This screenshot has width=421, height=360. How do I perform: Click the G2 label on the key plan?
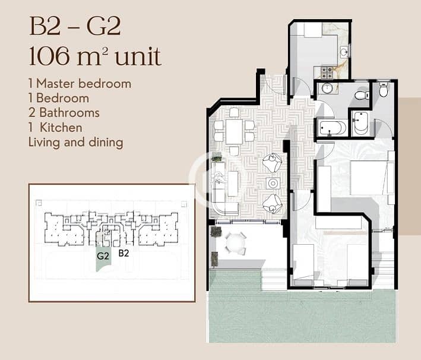[103, 256]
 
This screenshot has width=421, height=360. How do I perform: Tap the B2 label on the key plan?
[124, 253]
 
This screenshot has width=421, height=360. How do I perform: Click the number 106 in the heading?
[50, 56]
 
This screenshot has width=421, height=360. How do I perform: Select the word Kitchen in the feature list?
[61, 127]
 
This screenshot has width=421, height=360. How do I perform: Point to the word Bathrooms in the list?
[69, 112]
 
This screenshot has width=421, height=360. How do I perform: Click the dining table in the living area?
[234, 132]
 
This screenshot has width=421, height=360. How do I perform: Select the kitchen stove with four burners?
[327, 72]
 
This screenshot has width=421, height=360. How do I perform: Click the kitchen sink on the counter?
[344, 51]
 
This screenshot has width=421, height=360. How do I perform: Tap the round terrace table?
[236, 243]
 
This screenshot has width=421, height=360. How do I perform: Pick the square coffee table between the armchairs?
[273, 184]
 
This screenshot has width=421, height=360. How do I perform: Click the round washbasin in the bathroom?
[327, 88]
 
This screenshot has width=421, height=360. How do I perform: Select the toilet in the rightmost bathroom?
[384, 90]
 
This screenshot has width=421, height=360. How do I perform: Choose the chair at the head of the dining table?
[234, 112]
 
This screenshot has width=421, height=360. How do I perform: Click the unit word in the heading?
[138, 56]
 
